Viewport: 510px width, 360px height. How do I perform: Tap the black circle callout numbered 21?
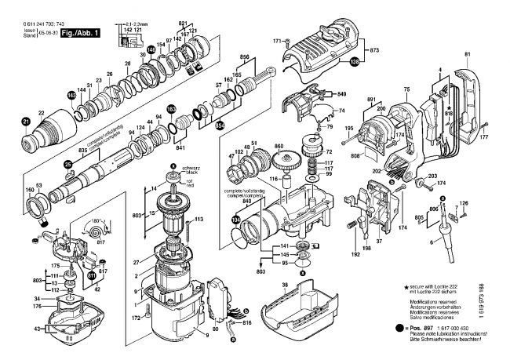tap(24, 122)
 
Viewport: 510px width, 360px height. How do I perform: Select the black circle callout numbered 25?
tap(68, 165)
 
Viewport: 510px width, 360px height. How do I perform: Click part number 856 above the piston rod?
tap(244, 58)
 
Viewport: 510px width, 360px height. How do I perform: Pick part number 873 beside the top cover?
tap(374, 49)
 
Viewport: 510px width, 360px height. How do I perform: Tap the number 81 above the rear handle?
tap(468, 53)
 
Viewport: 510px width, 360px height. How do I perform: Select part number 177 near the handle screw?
tap(483, 136)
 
